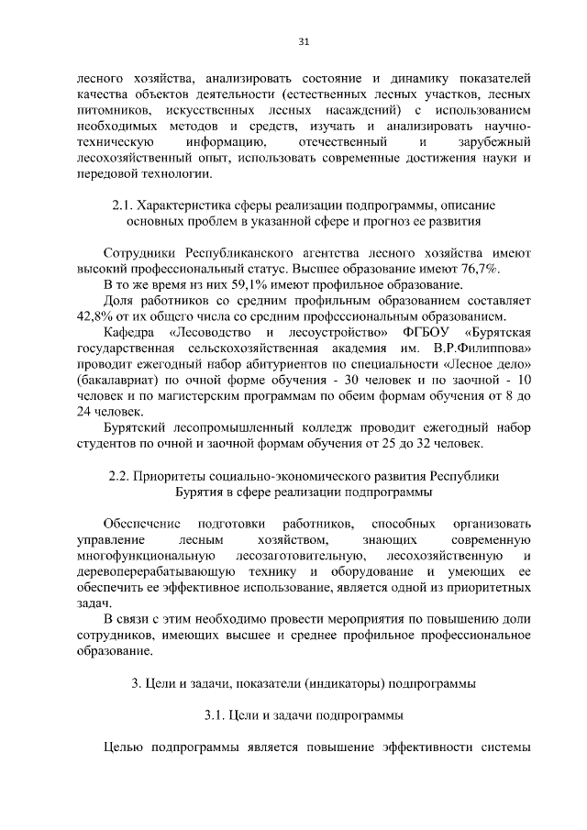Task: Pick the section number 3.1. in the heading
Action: (x=219, y=713)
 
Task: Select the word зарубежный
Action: (x=494, y=143)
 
